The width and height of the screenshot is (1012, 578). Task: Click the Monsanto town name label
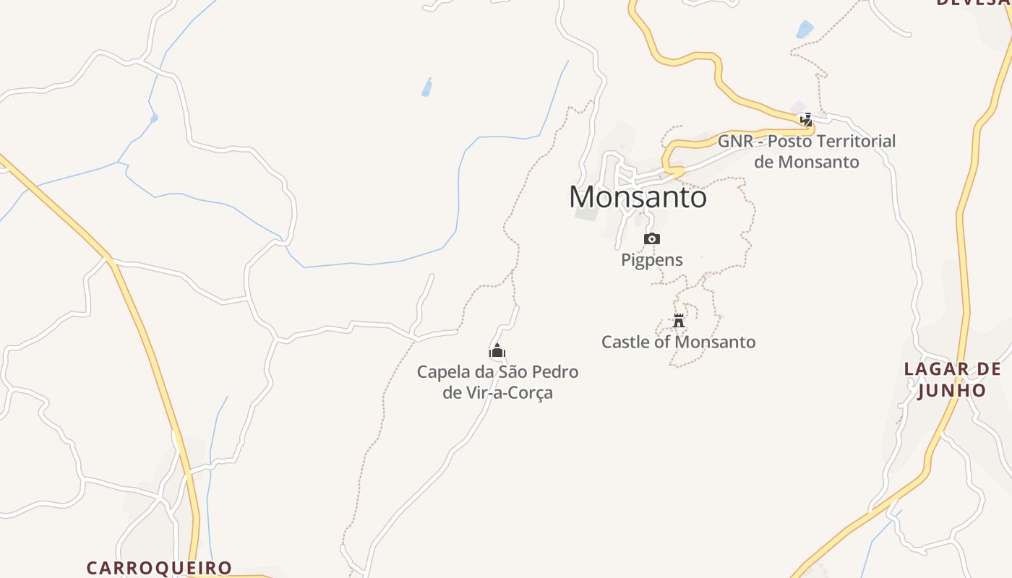point(638,197)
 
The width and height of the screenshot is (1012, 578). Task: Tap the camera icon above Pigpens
point(652,239)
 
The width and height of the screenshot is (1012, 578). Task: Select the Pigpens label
point(652,260)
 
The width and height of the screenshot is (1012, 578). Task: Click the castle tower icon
point(679,321)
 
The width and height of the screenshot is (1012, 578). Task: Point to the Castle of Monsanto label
point(679,342)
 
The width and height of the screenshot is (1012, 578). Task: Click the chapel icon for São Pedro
point(497,352)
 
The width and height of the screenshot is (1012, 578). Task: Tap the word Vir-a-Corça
point(508,393)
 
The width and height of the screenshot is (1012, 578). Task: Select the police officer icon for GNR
point(806,120)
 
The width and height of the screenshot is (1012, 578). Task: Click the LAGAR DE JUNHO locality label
point(952,379)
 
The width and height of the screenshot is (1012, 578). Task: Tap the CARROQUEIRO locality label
point(159,568)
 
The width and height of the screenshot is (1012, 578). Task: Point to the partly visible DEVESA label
point(973,3)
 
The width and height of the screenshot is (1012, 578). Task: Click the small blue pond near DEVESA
point(804,29)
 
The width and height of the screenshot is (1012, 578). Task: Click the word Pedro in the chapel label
point(554,372)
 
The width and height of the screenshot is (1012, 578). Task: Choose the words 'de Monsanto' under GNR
point(807,162)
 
